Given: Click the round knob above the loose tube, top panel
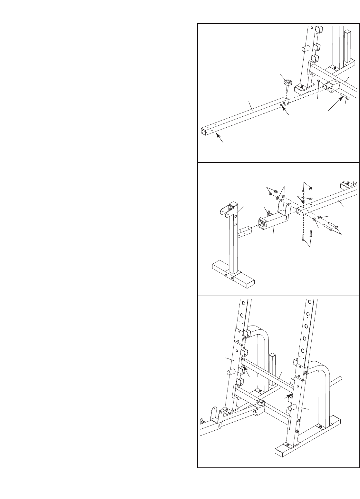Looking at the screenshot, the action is click(x=287, y=83).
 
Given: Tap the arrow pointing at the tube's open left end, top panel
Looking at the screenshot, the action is click(x=219, y=139).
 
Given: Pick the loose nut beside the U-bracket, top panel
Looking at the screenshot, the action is click(x=318, y=81).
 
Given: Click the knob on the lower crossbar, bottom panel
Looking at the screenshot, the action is click(x=260, y=402).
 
